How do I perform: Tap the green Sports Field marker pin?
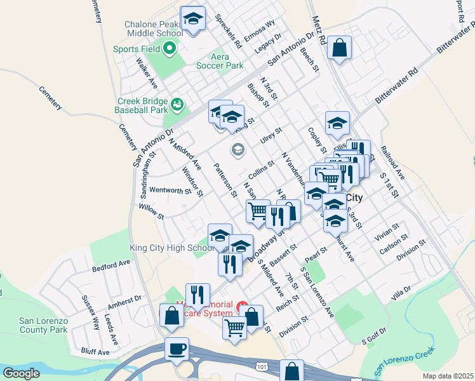170,48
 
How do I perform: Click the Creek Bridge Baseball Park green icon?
177,104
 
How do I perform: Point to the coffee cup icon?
177,349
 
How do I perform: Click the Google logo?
22,373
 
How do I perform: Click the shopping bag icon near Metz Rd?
340,48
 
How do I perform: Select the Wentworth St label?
170,190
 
